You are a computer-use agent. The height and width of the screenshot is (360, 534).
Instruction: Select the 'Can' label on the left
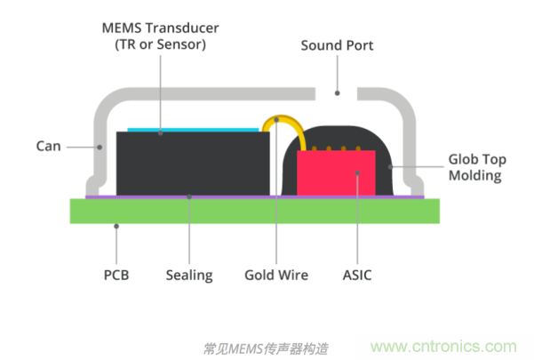point(48,146)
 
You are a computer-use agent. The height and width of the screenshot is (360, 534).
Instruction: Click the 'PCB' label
point(116,275)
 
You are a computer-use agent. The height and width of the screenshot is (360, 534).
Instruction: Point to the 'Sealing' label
point(189,275)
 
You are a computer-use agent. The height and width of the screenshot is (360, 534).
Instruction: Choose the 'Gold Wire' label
point(276,275)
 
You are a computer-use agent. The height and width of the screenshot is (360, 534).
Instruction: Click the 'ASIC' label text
point(356,275)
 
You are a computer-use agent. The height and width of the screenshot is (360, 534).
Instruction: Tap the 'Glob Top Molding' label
point(474,168)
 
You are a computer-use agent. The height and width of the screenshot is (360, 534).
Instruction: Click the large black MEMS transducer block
point(191,162)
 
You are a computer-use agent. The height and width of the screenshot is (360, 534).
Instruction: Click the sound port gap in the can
point(336,92)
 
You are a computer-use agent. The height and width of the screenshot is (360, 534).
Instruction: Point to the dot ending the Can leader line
point(98,146)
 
